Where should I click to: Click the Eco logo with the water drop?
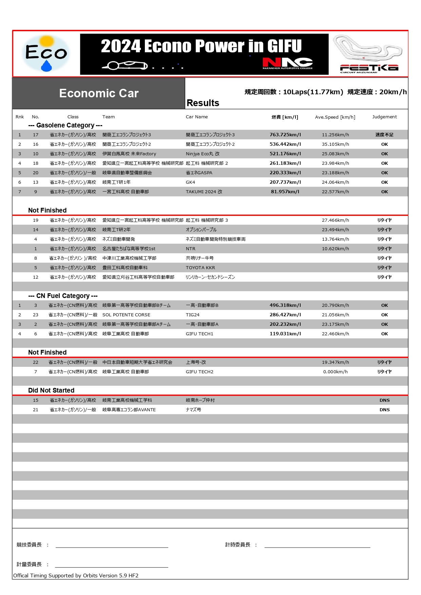46,54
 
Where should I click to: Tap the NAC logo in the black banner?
287,63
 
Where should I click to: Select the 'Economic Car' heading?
99,93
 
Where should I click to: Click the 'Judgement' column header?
384,117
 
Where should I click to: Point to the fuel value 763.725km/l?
285,135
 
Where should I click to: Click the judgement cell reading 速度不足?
384,135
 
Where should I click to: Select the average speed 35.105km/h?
335,144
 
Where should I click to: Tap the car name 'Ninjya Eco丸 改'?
203,154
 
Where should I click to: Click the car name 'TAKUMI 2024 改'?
204,192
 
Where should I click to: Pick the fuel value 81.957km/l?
285,192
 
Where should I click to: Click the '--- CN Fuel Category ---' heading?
63,296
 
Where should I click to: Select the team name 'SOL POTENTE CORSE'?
126,315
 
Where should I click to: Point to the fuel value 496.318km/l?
285,305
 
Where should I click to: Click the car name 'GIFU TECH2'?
199,372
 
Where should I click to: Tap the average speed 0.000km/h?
335,372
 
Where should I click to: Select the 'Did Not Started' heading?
51,390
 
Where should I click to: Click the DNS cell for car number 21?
384,410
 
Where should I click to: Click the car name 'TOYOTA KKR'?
200,267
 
